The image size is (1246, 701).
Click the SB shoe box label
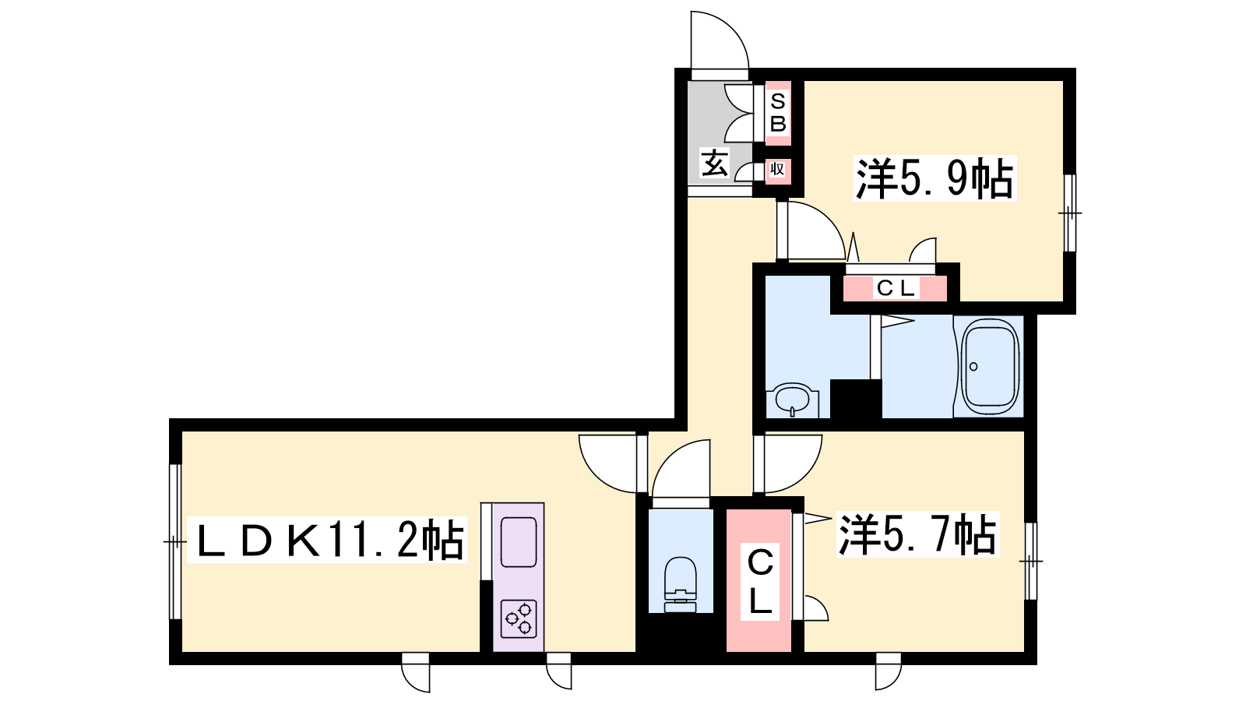click(778, 113)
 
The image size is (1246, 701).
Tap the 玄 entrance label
click(714, 163)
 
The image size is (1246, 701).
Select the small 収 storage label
click(777, 168)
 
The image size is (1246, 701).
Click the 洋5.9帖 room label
click(935, 178)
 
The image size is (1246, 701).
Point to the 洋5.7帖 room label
click(918, 534)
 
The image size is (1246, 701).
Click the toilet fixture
click(681, 584)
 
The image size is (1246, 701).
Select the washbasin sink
click(792, 400)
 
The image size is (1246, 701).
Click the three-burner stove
click(519, 618)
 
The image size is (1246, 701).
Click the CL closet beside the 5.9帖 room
click(895, 288)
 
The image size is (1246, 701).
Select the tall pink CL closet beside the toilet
click(759, 580)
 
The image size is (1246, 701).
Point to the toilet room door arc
click(671, 456)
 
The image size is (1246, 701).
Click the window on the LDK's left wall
click(175, 541)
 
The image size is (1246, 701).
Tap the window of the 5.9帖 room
click(1070, 213)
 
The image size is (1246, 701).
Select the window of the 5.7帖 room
click(1031, 561)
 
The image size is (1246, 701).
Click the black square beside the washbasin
click(856, 399)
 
